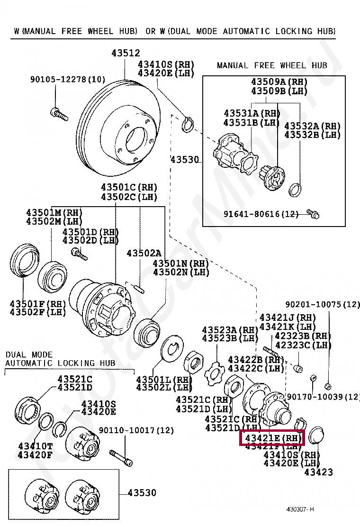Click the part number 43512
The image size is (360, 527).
(x=126, y=54)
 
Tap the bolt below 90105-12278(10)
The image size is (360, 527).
(x=59, y=113)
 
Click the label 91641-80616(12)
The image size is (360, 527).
(x=261, y=214)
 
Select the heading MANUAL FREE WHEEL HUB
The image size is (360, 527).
(x=272, y=65)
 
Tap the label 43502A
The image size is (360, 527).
(x=144, y=254)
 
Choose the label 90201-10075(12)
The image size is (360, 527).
(x=323, y=304)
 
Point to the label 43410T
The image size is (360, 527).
(x=35, y=446)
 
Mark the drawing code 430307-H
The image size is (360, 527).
(x=300, y=509)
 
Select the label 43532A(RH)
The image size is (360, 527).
(x=312, y=126)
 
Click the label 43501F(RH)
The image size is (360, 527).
(x=38, y=303)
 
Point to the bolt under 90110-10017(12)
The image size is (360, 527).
(x=121, y=456)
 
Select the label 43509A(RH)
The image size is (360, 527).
(x=279, y=82)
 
